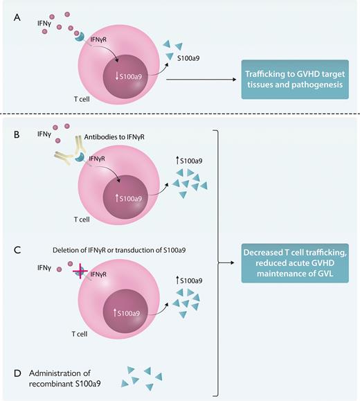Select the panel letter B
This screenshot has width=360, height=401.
tap(17, 131)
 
